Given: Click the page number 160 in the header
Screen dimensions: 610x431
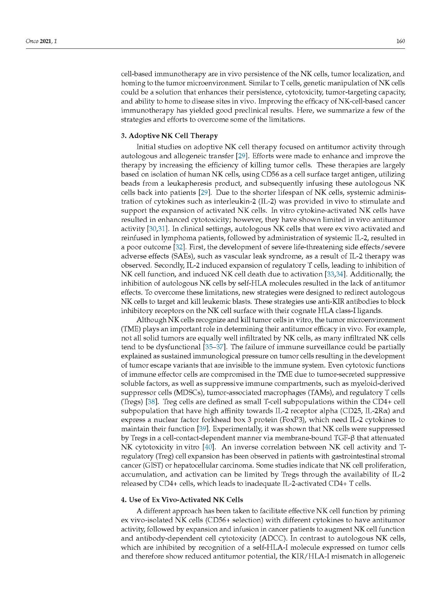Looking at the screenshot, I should (400, 41).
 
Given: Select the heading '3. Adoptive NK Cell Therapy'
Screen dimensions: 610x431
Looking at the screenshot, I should (169, 136).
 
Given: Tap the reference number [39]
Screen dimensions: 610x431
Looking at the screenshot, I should (202, 429).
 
